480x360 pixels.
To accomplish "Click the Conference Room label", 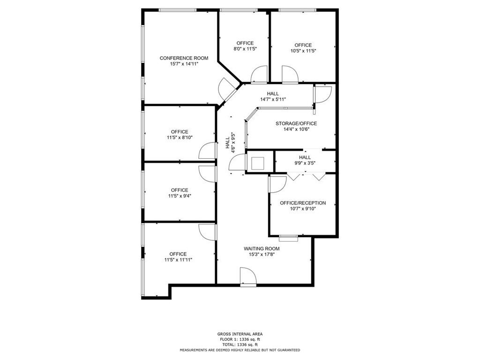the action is pos(184,58).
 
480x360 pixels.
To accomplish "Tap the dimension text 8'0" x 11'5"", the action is pos(245,49).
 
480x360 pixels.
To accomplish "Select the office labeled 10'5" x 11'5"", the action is pos(303,48).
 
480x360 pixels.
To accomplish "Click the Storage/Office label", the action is pos(296,123).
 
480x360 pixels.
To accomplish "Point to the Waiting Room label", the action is pos(262,248).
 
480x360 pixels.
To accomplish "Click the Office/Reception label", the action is pos(303,203).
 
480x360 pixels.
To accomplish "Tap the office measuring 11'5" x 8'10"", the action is pos(180,135).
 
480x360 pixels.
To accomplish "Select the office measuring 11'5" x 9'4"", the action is pos(180,193).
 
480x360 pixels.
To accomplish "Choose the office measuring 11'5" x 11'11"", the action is pos(178,257).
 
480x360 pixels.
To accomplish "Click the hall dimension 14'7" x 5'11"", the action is pos(273,99).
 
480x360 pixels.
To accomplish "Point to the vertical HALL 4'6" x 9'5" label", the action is pos(230,142).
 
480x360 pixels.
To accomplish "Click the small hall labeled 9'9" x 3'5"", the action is pos(305,160).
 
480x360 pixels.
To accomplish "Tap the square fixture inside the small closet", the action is pos(257,164).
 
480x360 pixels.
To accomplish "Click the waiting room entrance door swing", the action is pos(248,277).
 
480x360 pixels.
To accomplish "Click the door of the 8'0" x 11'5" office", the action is pos(259,75).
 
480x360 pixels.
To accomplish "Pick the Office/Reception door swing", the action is pos(277,184).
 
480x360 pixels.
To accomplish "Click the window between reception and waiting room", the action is pos(289,237).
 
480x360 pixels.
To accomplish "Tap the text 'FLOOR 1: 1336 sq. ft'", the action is pos(240,339).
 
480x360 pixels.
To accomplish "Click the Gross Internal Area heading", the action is pos(240,334).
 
